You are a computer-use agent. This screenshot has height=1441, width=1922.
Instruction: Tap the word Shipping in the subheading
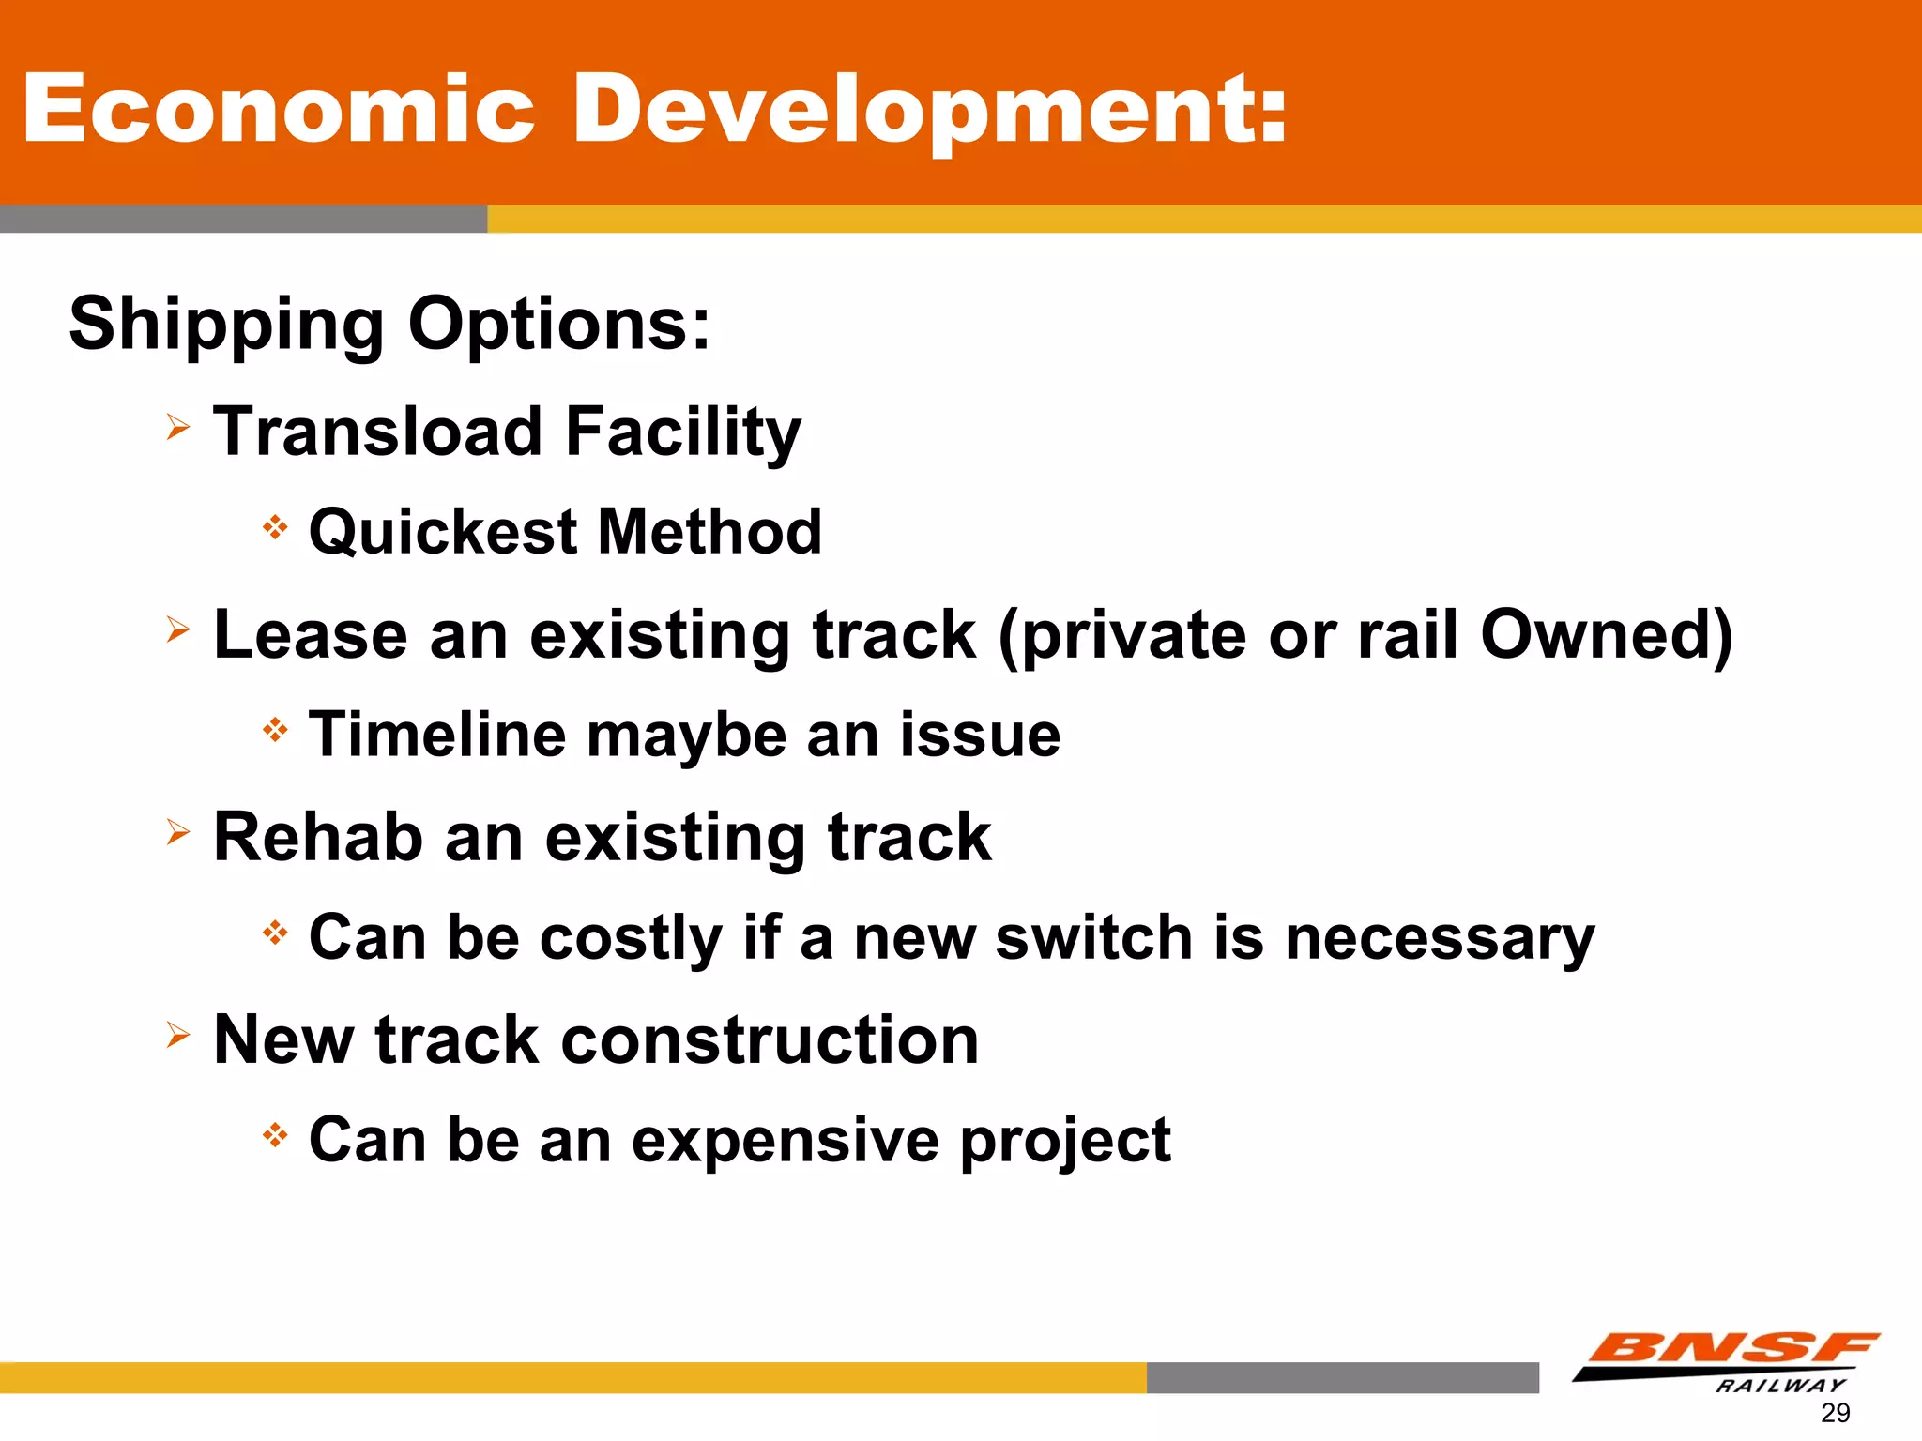click(226, 325)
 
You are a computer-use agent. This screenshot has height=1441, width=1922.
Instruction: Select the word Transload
click(378, 432)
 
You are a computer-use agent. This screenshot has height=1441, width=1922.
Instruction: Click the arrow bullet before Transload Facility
click(178, 428)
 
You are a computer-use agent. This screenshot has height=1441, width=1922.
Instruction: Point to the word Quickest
click(443, 533)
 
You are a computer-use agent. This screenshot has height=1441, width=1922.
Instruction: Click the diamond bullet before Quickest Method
click(275, 527)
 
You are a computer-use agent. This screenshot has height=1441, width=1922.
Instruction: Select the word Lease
click(310, 635)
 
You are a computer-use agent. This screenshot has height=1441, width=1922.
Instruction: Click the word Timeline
click(437, 735)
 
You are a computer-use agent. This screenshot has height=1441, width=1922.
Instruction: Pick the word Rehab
click(317, 837)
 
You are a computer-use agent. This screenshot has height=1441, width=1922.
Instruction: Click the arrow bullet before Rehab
click(178, 832)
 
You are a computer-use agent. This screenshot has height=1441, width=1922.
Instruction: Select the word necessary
click(1440, 937)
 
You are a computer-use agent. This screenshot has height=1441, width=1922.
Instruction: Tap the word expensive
click(785, 1141)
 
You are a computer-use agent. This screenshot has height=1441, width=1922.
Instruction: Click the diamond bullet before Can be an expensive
click(275, 1136)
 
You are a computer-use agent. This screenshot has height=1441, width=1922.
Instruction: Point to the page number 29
click(1835, 1413)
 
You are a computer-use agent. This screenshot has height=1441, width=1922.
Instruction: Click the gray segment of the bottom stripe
click(1342, 1377)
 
